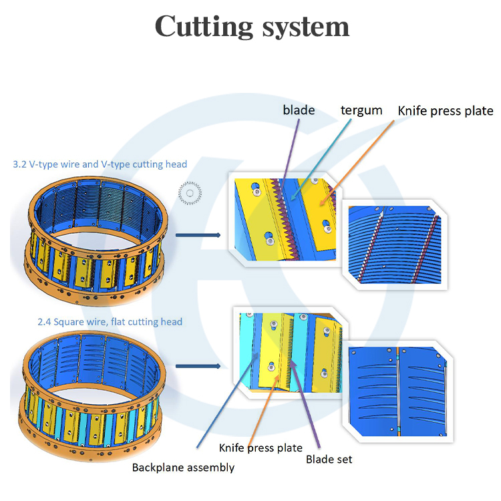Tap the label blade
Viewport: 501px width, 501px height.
coord(299,110)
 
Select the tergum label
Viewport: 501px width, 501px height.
coord(361,110)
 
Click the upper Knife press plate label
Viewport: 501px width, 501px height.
coord(445,111)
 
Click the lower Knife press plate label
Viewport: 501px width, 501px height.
coord(261,447)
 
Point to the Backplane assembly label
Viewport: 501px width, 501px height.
coord(183,468)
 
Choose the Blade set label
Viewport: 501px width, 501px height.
coord(329,459)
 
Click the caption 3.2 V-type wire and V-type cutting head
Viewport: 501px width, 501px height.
coord(100,164)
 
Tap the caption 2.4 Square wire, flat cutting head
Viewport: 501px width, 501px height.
coord(110,322)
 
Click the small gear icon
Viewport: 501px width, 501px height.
coord(190,194)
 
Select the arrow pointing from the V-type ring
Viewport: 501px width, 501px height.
coord(198,235)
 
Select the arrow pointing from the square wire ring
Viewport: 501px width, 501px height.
coord(198,366)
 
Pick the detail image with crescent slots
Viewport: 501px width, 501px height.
coord(397,391)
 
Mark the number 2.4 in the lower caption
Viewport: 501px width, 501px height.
coord(44,322)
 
